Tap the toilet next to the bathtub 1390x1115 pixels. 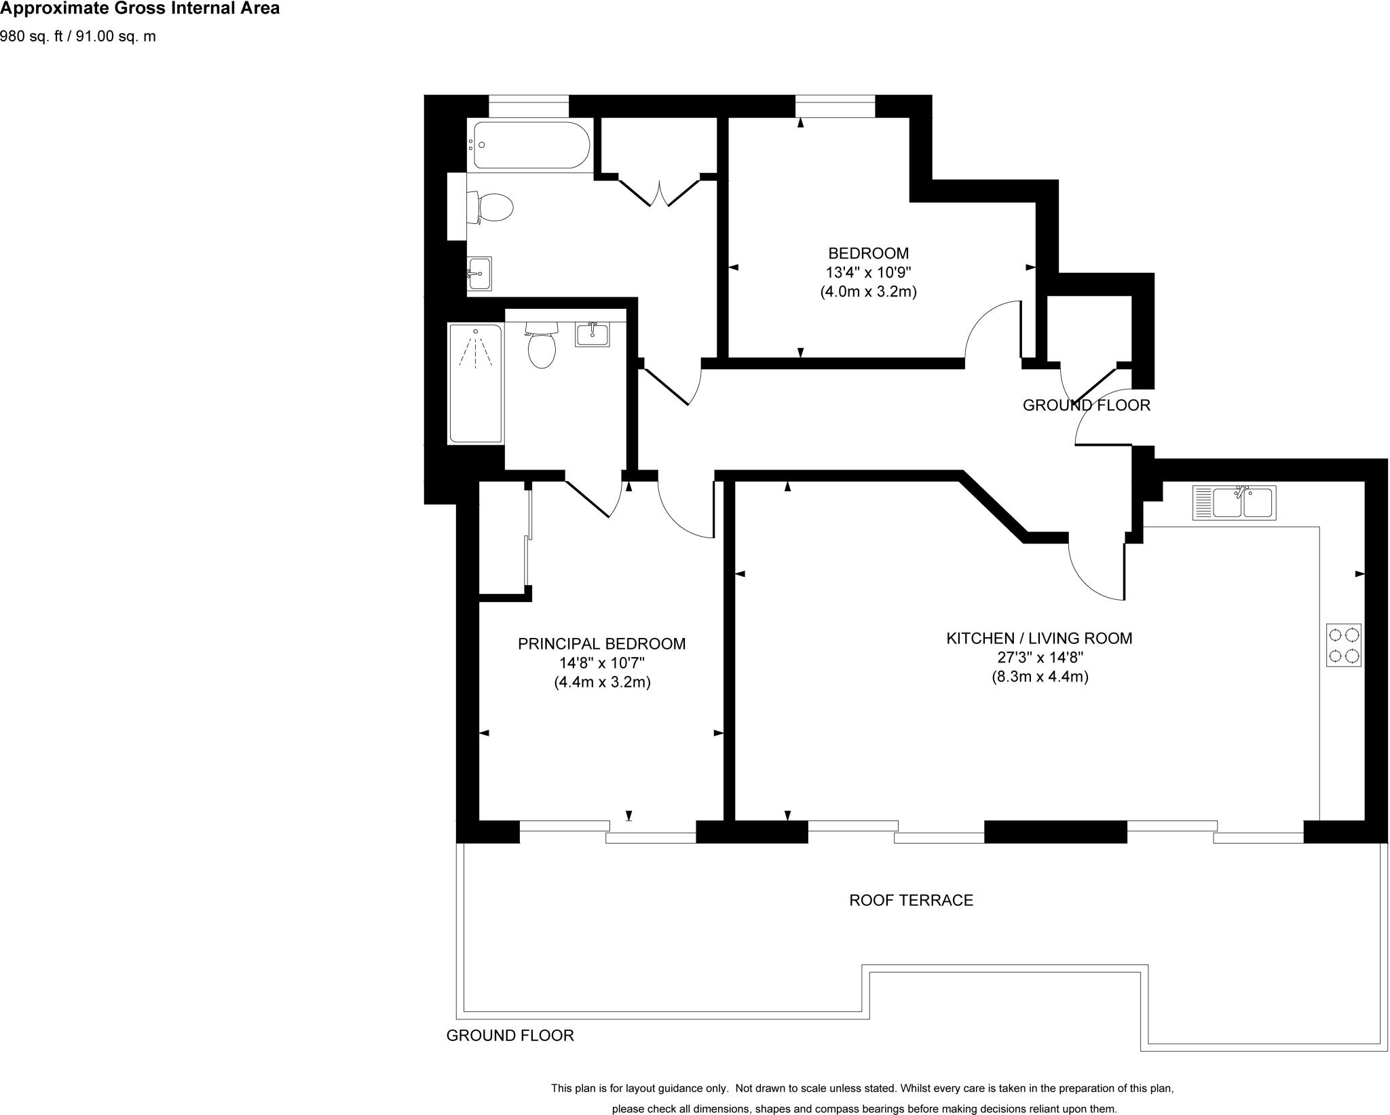coord(490,208)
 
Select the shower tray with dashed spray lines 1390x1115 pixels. coord(475,384)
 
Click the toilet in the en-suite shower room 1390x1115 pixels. coord(541,345)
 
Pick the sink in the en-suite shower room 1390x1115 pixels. coord(592,334)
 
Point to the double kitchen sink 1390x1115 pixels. coord(1234,503)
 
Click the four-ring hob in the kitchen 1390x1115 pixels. coord(1343,645)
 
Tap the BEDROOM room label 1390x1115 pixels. coord(868,253)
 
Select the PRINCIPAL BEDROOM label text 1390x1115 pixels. coord(601,643)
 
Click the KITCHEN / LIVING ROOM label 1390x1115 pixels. coord(1039,638)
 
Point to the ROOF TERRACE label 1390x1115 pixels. coord(911,900)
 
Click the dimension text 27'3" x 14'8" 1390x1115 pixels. coord(1040,657)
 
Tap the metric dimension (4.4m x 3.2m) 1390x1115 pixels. coord(602,682)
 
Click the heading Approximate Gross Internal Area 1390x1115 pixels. coord(140,9)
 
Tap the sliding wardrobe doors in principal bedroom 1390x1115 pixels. coord(527,536)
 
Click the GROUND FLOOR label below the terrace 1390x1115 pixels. coord(510,1035)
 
